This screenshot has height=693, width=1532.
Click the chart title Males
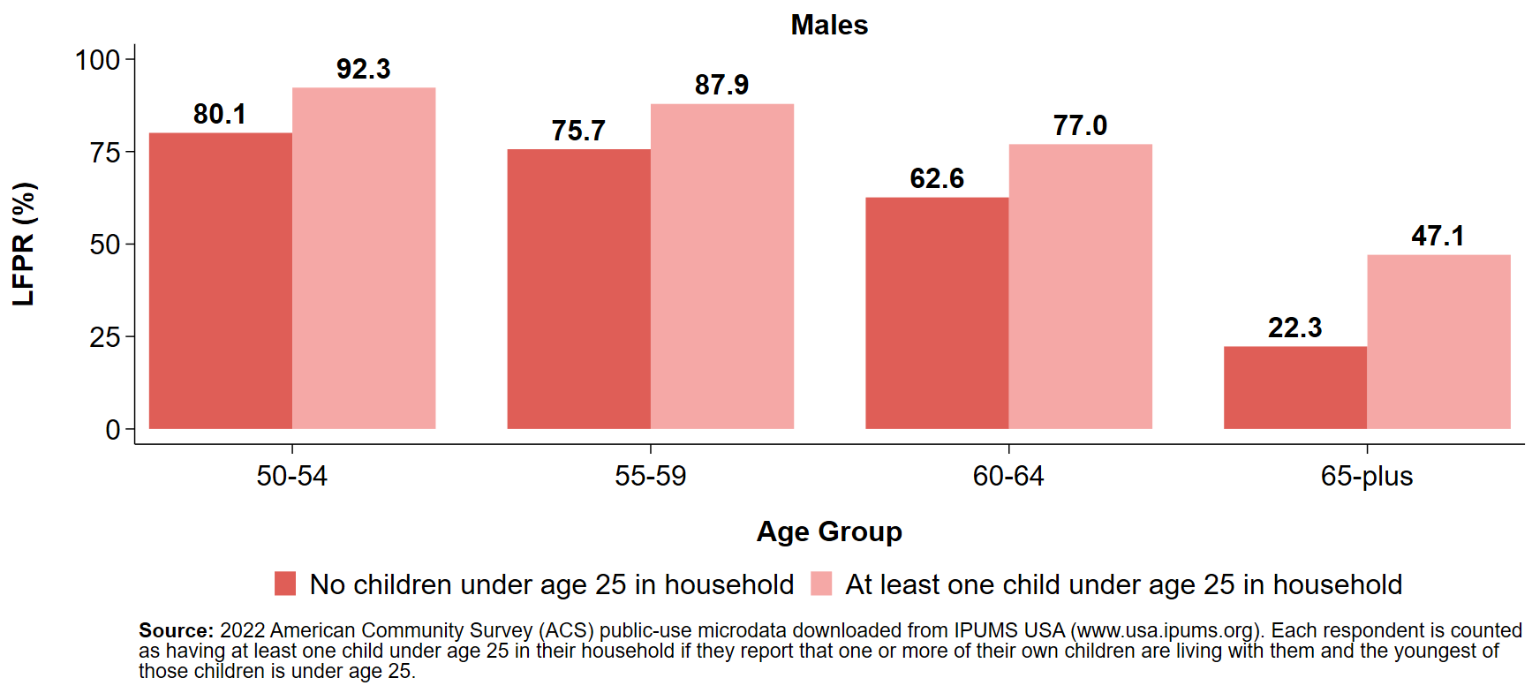[x=828, y=25]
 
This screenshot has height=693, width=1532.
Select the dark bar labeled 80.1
[x=220, y=281]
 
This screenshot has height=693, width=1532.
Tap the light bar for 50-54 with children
[x=363, y=258]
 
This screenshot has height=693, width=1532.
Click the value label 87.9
[x=721, y=85]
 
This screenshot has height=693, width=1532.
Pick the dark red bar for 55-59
[x=578, y=289]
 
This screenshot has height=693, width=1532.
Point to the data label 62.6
[x=937, y=178]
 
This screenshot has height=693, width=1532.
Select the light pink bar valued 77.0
[x=1080, y=286]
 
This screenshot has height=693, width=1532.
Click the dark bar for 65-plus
[x=1294, y=388]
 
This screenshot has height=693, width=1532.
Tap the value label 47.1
[x=1438, y=236]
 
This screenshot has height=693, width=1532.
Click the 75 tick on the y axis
[x=104, y=153]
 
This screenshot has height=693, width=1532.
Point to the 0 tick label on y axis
[x=113, y=430]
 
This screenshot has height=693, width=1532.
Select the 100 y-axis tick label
[x=97, y=60]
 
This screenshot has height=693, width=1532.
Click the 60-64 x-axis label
[x=1007, y=476]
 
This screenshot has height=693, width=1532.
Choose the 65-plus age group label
[x=1366, y=476]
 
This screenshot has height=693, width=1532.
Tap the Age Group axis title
[x=828, y=531]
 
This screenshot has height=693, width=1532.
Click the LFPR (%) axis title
[x=24, y=244]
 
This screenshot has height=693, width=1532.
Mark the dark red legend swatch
[x=285, y=584]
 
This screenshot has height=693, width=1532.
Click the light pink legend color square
[x=821, y=584]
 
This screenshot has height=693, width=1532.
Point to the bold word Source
[x=175, y=630]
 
